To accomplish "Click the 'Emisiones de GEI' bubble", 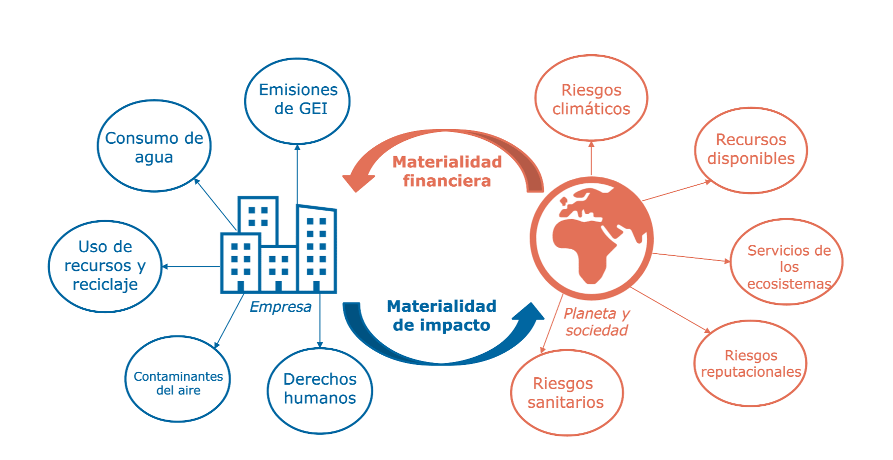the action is coord(297,100).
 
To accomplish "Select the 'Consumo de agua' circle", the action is coord(154,146).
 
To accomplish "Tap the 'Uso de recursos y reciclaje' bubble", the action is coord(105,266).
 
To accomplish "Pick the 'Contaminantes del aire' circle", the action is coord(178,379).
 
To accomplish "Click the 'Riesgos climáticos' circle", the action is coord(591,99).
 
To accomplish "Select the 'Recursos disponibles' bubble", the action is coord(751,150).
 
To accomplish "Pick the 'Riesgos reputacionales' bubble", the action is coord(750,363).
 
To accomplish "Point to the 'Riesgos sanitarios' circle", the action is coord(566,393).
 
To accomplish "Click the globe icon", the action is coord(592,238).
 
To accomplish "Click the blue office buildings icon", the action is coord(279,246).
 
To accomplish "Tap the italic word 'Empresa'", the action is coord(280,307).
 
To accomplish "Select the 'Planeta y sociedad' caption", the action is coord(596,322).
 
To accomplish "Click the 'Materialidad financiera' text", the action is coord(447,171).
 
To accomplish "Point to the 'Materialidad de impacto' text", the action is coord(442,316).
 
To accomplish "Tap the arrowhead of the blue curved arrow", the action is coord(529,314).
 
